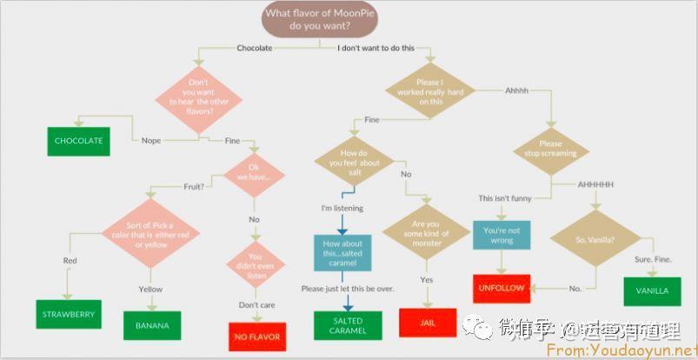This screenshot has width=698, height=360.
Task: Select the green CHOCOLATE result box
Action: (79, 141)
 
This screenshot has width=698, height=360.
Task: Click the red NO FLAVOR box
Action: (257, 337)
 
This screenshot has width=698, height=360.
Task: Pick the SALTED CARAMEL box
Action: (347, 326)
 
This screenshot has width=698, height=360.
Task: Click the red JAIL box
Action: (428, 322)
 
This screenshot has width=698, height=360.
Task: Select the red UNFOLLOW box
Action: (502, 287)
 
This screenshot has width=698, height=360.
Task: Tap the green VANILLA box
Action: (651, 290)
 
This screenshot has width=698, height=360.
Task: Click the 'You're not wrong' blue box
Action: (502, 235)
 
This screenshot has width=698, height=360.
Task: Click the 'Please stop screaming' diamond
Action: (550, 149)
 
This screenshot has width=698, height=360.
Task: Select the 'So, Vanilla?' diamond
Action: (595, 239)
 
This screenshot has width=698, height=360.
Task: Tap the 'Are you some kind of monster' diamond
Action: (427, 232)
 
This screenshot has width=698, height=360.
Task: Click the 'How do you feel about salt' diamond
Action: (353, 162)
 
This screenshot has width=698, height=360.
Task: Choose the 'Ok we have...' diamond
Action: (254, 172)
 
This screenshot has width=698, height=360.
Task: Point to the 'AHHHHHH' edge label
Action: (595, 184)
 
